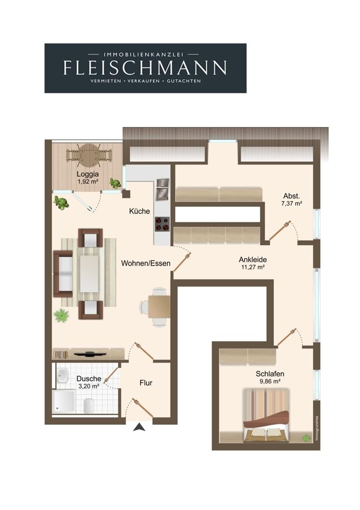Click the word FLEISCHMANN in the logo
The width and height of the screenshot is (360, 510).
145,67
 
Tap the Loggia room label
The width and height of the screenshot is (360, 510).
88,174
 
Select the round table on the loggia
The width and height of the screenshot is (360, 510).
88,154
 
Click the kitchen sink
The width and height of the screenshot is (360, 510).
162,189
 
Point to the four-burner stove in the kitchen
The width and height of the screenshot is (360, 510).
162,224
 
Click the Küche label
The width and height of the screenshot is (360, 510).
140,211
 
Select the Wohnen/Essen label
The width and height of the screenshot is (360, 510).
146,263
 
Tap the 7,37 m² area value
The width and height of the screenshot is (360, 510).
292,204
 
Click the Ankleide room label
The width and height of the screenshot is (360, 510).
253,260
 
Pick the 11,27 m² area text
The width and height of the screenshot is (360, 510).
253,267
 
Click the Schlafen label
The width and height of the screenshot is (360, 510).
270,374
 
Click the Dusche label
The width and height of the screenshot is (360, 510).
88,378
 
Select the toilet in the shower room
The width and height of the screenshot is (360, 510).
89,405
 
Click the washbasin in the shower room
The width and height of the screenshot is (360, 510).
62,376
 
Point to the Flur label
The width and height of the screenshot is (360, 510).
146,383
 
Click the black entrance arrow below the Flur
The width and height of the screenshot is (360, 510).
139,427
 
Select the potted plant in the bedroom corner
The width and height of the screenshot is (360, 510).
306,438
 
